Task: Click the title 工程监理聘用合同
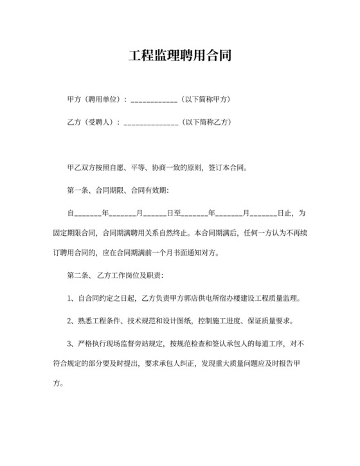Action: click(x=179, y=55)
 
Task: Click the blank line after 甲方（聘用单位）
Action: click(x=154, y=102)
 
